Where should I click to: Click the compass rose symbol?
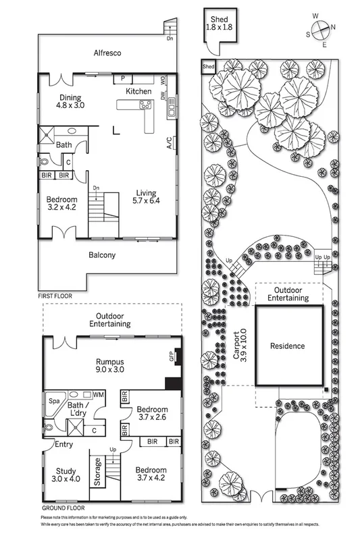320,28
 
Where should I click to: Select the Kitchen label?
138,91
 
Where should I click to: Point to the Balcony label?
103,255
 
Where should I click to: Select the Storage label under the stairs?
97,472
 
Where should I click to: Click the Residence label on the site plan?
288,346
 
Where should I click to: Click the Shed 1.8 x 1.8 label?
219,24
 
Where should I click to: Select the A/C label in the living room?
168,142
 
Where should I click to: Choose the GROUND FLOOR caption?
63,507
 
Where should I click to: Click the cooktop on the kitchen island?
145,104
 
